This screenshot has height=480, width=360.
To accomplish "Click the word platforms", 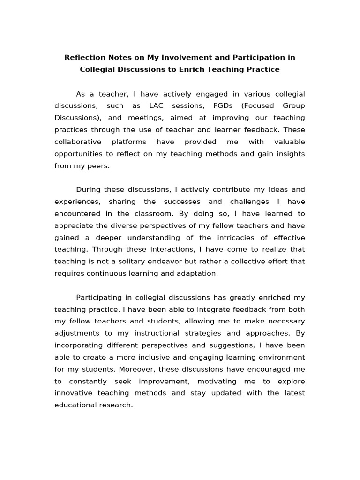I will point(128,142).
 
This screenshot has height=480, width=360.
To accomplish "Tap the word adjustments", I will point(76,333).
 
